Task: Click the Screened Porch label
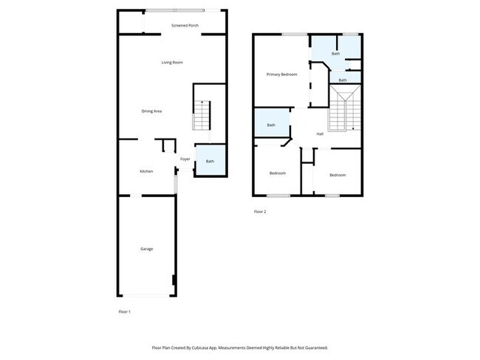[x=185, y=26]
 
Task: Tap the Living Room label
[x=172, y=62]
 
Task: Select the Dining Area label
[x=151, y=111]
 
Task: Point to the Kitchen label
[x=146, y=171]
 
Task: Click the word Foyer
[x=185, y=159]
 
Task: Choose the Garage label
[x=146, y=249]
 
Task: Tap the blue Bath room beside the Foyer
[x=210, y=162]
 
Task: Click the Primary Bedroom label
[x=281, y=75]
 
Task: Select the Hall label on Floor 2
[x=320, y=134]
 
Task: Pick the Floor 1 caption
[x=124, y=312]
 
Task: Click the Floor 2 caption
[x=259, y=212]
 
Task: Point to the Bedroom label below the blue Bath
[x=277, y=173]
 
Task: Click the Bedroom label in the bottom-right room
[x=337, y=175]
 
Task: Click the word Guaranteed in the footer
[x=313, y=347]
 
